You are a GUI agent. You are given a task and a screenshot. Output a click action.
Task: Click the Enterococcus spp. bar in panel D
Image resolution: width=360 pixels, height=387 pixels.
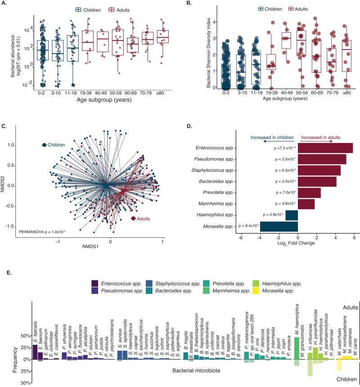(325, 148)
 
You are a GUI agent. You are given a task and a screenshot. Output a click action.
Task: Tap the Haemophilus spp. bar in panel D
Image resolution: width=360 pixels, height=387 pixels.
(292, 215)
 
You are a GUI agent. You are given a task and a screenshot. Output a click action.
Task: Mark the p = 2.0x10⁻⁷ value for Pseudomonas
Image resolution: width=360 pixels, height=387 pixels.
(280, 159)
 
